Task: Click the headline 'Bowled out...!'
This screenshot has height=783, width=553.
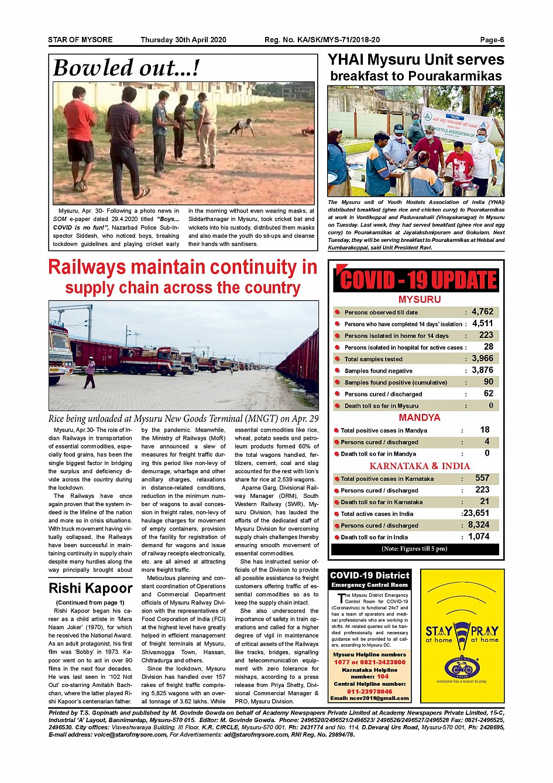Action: [x=126, y=68]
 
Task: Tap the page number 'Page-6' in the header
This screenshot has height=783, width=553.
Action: [x=492, y=40]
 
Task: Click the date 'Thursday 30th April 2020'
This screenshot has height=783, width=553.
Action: [x=183, y=40]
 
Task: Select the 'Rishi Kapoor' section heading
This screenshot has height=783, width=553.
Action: [x=91, y=588]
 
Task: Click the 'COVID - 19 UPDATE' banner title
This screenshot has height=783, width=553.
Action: [x=418, y=280]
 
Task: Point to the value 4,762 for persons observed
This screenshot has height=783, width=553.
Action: [x=482, y=312]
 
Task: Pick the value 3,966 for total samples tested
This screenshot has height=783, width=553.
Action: [x=482, y=358]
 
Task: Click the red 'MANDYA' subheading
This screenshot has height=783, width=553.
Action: [x=419, y=418]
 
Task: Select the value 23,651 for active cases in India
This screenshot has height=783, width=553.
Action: [x=476, y=513]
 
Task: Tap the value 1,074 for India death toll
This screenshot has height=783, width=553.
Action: [x=479, y=536]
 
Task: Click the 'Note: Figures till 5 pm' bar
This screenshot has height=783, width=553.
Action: [x=414, y=549]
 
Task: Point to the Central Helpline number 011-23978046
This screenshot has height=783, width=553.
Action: [x=369, y=691]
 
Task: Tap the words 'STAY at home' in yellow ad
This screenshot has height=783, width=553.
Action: [x=439, y=634]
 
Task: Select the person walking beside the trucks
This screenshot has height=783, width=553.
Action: [x=90, y=373]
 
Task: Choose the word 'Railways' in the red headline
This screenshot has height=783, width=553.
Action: [x=87, y=267]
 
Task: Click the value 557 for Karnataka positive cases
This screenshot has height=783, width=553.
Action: [x=482, y=478]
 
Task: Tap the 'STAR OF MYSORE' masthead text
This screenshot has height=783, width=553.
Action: [x=80, y=40]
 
